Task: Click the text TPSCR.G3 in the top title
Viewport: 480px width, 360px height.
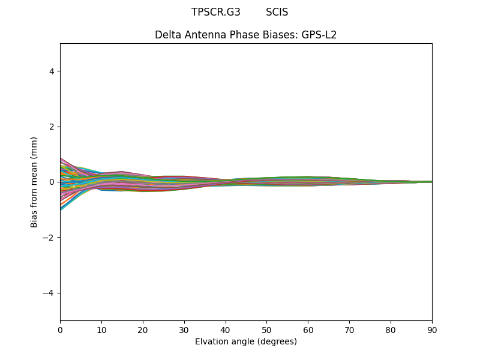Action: [x=216, y=12]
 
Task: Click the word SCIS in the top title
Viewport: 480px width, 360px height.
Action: [x=277, y=12]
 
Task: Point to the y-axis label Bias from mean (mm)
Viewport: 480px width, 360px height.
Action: [x=34, y=182]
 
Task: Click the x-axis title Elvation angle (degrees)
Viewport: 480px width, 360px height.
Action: [x=246, y=341]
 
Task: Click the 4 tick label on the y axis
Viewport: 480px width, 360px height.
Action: [x=52, y=71]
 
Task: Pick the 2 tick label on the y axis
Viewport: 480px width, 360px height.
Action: [x=52, y=127]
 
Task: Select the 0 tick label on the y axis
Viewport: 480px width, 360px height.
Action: [x=52, y=182]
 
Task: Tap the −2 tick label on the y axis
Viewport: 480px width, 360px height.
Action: [x=49, y=238]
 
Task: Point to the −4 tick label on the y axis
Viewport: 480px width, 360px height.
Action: [x=49, y=293]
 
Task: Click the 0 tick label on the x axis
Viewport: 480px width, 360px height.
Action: [x=60, y=329]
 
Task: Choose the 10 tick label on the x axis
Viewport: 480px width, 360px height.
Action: [x=101, y=329]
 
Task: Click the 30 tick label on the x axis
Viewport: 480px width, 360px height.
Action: [x=184, y=329]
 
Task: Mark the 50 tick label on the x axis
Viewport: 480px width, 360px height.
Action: [x=266, y=329]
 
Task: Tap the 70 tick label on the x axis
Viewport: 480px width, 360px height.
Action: [x=349, y=329]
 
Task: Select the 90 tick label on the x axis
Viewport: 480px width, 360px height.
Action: [x=432, y=329]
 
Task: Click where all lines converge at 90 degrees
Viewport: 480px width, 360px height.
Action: [x=431, y=182]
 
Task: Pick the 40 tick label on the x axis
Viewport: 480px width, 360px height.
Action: [x=226, y=329]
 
